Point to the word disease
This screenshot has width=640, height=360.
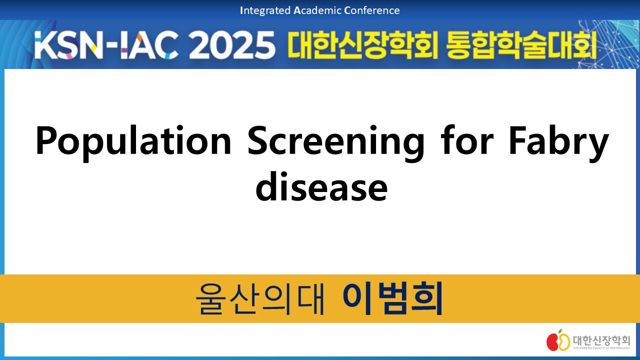tap(321, 187)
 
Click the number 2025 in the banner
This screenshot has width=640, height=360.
tap(231, 45)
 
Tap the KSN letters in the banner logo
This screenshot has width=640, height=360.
tap(68, 45)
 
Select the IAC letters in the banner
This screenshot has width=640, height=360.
tap(149, 45)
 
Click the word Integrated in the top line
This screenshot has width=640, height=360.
tap(265, 11)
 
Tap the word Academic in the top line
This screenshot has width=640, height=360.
tap(317, 10)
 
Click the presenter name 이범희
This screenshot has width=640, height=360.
tap(392, 298)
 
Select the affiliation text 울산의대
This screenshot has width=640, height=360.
tap(260, 298)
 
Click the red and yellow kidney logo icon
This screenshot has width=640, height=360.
tap(558, 340)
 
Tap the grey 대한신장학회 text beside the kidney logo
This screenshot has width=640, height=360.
tap(601, 340)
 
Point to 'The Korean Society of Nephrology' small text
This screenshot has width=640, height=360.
tap(601, 348)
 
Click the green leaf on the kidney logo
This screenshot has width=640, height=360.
tap(560, 331)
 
